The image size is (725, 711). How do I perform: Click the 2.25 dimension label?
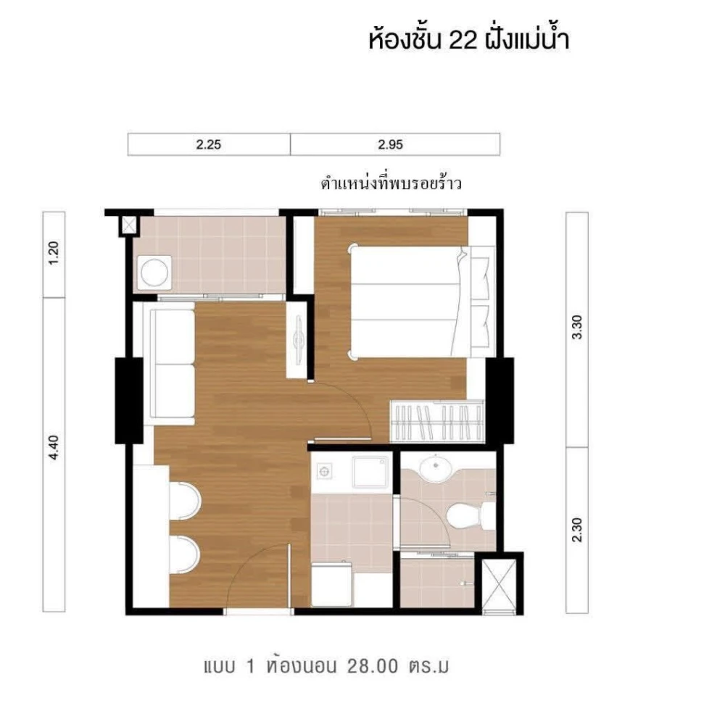click(x=208, y=144)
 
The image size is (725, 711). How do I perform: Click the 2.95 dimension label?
click(x=389, y=144)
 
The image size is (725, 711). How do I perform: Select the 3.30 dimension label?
click(x=577, y=330)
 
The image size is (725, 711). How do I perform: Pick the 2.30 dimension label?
click(x=577, y=530)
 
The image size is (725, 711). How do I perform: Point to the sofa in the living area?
click(x=173, y=362)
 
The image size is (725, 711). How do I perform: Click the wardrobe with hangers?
click(x=436, y=421)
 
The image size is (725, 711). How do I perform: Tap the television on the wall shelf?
click(x=299, y=339)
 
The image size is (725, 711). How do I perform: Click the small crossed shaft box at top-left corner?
click(x=128, y=225)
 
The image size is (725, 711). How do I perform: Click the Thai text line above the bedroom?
click(x=391, y=183)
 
